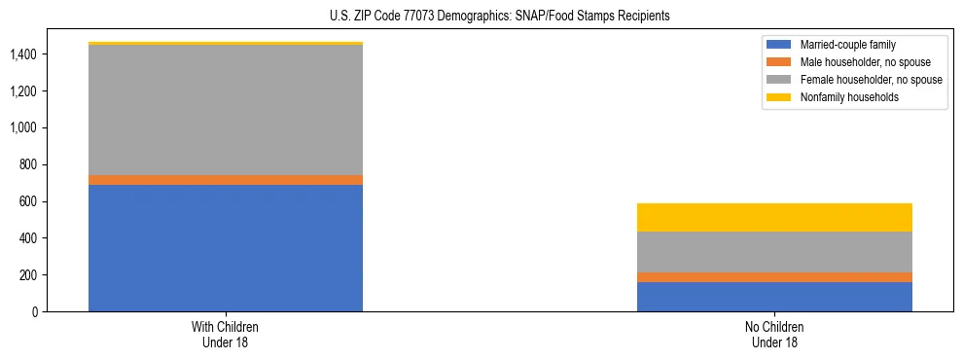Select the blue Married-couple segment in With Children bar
click(226, 248)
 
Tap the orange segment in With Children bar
click(226, 180)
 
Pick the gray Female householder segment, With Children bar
click(226, 110)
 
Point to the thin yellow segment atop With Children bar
click(226, 43)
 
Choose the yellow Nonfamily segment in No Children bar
click(774, 217)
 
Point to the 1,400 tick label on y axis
click(23, 54)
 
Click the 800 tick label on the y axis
click(28, 164)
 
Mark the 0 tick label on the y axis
click(35, 311)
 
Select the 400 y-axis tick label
click(28, 238)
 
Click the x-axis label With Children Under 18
click(226, 335)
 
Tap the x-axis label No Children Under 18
click(774, 335)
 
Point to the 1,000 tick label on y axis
click(23, 127)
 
